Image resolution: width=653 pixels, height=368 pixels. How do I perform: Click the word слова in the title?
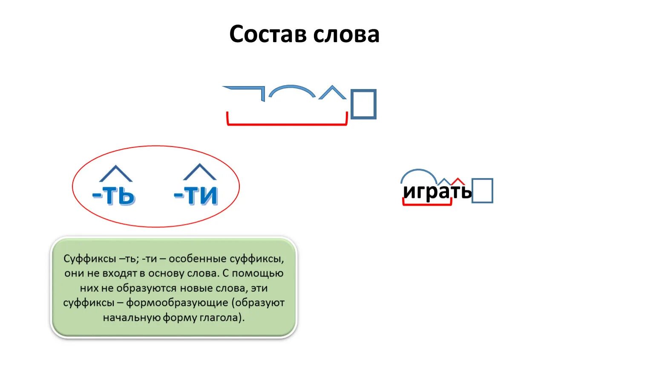(x=346, y=34)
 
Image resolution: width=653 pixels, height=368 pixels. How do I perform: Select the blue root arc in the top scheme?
(x=292, y=90)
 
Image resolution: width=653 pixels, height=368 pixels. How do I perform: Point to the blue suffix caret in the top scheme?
(x=332, y=92)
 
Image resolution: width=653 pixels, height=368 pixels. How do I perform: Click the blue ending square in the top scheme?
(x=363, y=104)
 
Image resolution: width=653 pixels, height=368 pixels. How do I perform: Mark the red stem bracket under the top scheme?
(x=287, y=124)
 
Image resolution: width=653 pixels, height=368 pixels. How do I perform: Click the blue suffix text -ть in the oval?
(x=114, y=195)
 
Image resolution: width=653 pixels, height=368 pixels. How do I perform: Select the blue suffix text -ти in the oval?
(x=196, y=195)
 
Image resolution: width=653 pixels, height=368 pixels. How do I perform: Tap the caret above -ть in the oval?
(x=115, y=173)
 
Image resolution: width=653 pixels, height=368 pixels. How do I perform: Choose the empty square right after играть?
(x=482, y=191)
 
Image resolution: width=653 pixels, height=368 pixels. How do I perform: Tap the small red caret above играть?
(x=458, y=181)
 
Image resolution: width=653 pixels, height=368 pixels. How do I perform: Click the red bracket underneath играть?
(x=427, y=204)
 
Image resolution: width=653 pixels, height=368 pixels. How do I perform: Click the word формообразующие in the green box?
(x=177, y=303)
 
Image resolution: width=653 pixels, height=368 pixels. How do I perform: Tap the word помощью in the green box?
(x=258, y=273)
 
